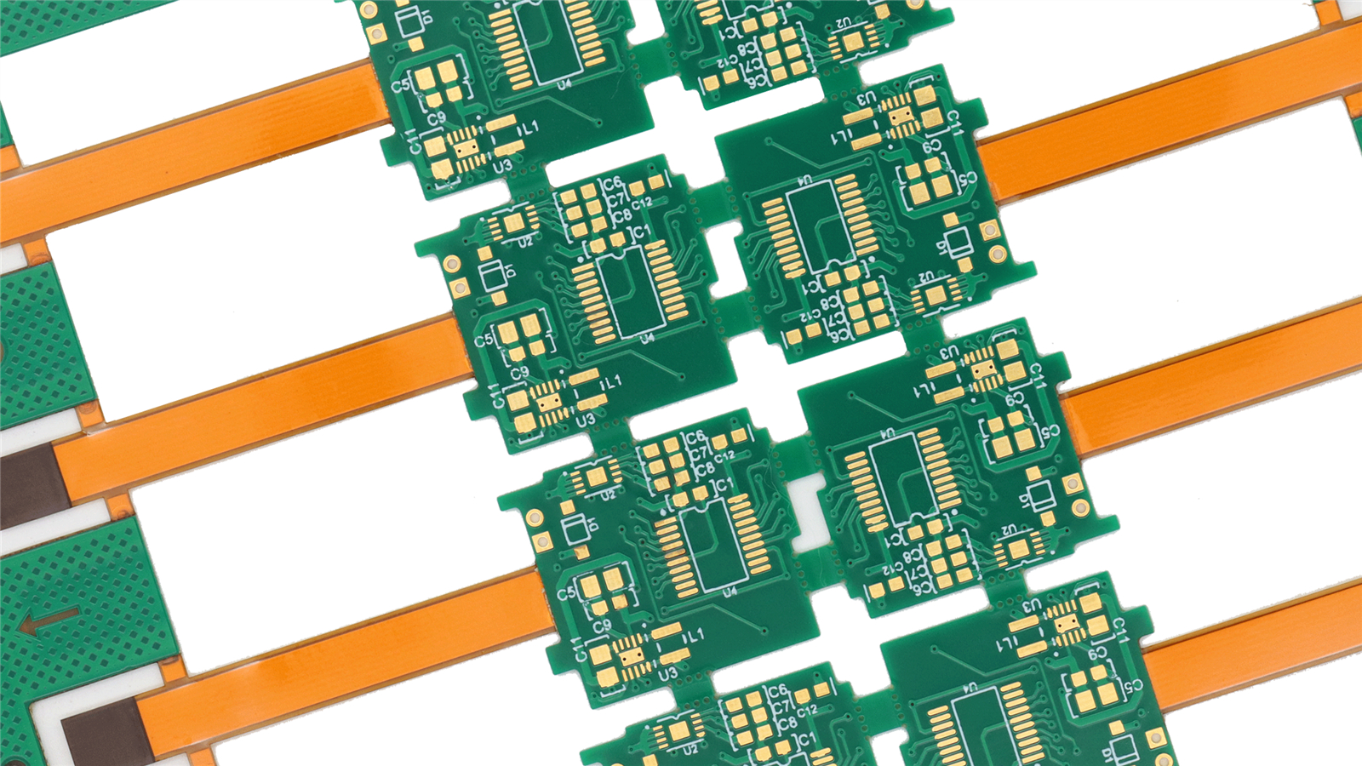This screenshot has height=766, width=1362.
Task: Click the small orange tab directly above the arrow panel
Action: click(x=119, y=507)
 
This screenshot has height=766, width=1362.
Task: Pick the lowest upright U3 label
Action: click(x=668, y=673)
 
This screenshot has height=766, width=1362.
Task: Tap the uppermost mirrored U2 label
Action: click(x=843, y=25)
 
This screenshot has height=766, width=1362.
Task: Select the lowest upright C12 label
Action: click(x=805, y=710)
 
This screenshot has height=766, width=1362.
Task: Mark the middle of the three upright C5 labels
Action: click(x=483, y=340)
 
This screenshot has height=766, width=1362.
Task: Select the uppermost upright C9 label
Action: click(x=436, y=118)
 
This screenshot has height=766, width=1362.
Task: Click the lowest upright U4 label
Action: click(x=730, y=592)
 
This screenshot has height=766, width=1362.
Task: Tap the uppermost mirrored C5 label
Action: click(x=967, y=179)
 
